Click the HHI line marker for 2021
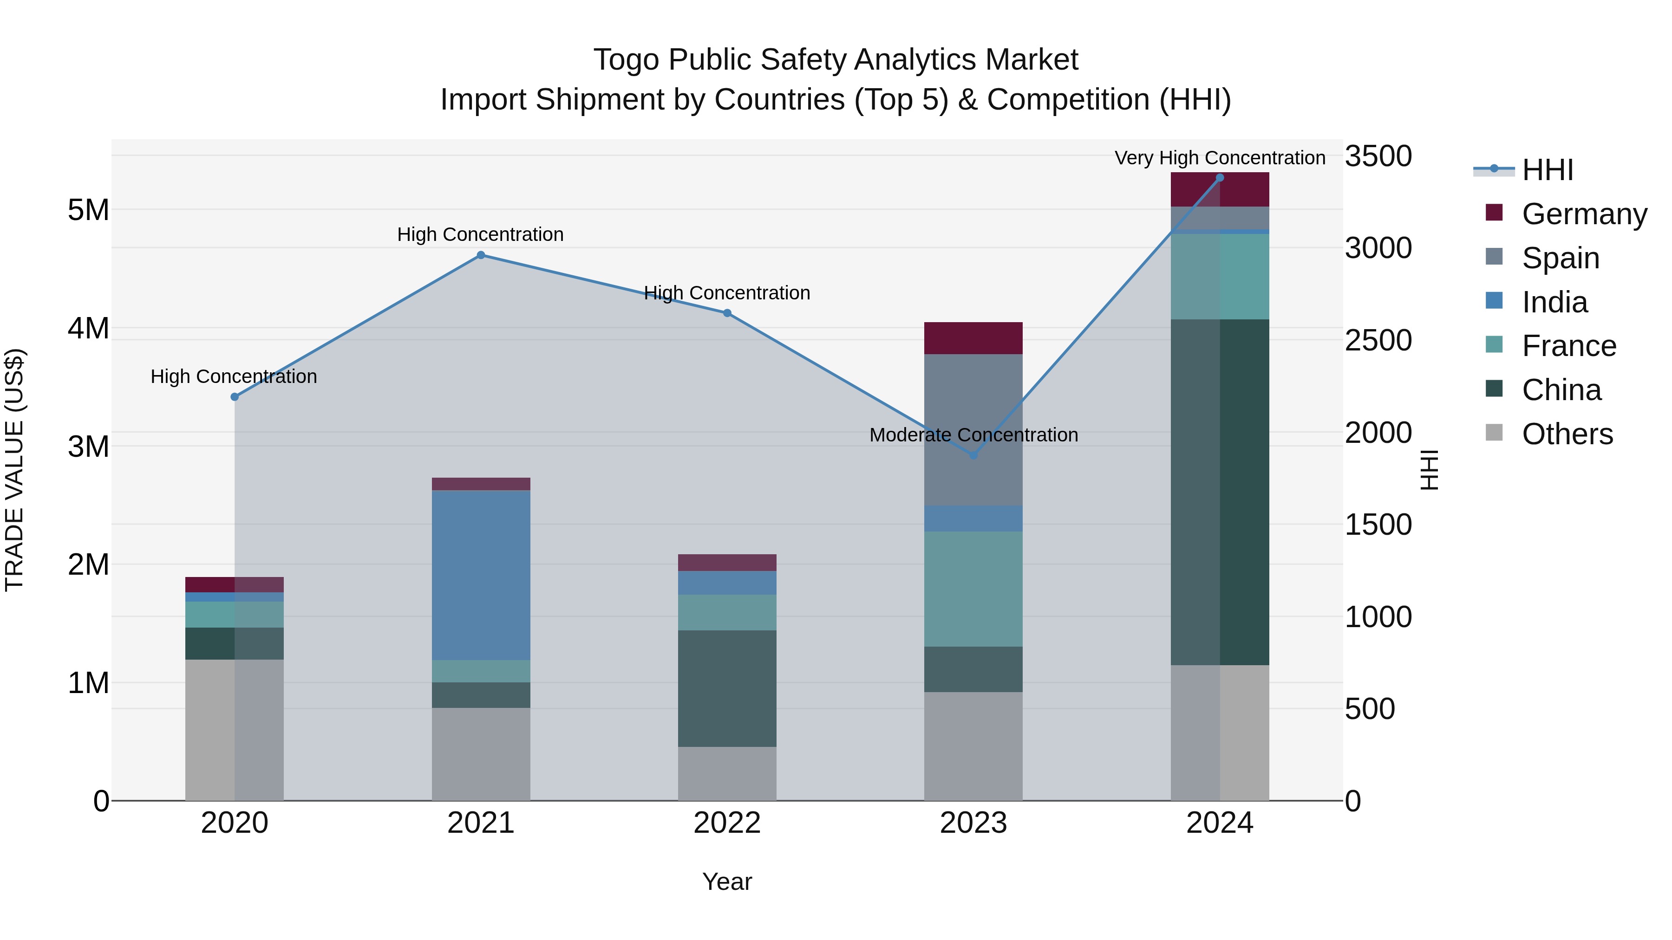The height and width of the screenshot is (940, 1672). click(481, 255)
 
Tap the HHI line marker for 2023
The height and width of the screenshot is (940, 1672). click(973, 455)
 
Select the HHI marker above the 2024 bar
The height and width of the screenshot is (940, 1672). click(1220, 178)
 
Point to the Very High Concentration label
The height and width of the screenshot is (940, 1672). click(1220, 158)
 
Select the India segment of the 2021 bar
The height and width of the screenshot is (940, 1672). click(481, 576)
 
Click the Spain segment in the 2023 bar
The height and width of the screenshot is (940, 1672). click(973, 429)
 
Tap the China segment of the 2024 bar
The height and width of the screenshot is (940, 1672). click(1220, 492)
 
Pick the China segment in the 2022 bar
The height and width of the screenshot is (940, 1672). click(727, 688)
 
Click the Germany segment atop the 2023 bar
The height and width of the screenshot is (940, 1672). click(973, 338)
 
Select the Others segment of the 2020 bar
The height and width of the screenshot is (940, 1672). click(235, 730)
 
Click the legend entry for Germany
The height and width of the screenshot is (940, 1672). click(1584, 214)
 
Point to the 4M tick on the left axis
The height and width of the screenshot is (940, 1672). click(88, 328)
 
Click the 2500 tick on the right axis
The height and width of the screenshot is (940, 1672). click(1378, 341)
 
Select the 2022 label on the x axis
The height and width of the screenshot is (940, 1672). click(727, 823)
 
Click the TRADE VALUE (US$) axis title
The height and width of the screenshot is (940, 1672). click(14, 470)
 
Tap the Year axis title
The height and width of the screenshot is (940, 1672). click(727, 882)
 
